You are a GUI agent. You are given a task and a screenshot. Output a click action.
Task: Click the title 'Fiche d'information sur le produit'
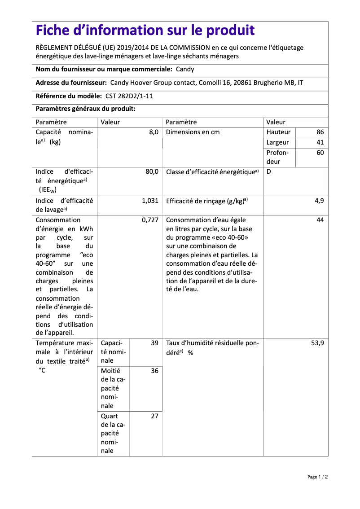pos(145,31)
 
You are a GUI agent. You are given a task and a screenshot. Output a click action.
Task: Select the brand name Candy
pos(185,69)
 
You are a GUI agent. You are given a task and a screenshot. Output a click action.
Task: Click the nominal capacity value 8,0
pos(154,132)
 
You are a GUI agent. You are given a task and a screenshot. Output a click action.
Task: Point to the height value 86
pos(320,132)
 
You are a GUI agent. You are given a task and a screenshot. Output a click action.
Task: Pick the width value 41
pos(320,142)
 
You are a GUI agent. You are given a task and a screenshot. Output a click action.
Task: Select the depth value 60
pos(320,153)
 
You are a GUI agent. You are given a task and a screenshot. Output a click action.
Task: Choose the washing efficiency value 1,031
pos(150,201)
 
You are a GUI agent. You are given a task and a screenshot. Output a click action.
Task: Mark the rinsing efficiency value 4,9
pos(319,201)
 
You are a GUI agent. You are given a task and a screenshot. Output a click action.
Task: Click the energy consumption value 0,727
pos(150,220)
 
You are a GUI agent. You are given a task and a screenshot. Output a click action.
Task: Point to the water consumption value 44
pos(320,220)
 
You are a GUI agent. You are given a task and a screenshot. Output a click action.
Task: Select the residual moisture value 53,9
pos(317,343)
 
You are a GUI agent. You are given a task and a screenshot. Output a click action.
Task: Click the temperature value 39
pos(154,343)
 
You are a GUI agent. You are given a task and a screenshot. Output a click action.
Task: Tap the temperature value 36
pos(154,371)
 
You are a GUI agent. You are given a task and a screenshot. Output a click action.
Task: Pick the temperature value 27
pos(154,416)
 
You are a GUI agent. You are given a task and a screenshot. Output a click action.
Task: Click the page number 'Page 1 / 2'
pos(317,477)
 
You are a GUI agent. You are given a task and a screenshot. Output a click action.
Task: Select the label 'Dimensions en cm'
pos(193,132)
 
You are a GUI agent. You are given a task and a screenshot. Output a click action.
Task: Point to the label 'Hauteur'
pos(278,132)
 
